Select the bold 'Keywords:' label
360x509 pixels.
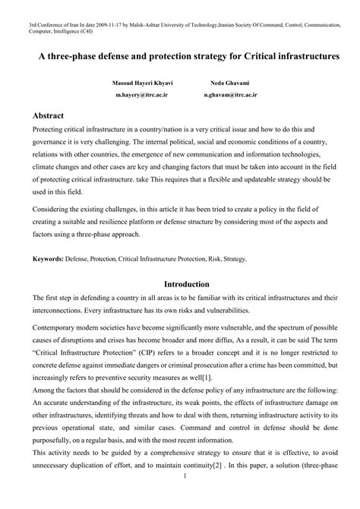[x=47, y=258]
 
